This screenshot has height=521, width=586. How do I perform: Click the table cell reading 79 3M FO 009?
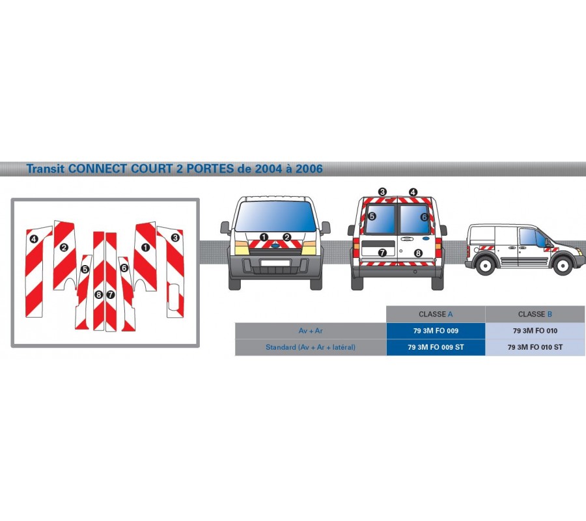436,331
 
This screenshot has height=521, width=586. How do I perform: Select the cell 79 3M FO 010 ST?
535,347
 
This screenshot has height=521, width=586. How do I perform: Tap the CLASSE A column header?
436,315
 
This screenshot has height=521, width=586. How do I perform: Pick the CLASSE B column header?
535,315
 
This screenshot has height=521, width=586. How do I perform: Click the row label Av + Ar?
311,331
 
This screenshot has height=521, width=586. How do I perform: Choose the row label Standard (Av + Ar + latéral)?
311,347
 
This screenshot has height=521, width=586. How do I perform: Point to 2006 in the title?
309,169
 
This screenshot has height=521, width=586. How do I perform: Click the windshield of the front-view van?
275,216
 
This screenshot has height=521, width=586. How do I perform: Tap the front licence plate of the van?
275,263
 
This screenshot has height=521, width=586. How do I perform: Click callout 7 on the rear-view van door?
382,253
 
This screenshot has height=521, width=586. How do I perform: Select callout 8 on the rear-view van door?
418,253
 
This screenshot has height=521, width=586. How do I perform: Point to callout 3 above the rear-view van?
382,192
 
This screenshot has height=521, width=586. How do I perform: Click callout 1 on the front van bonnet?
264,237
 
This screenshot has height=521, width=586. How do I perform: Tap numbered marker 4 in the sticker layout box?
34,239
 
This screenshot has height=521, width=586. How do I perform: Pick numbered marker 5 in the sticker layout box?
85,269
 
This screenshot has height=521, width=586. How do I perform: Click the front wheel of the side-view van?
563,265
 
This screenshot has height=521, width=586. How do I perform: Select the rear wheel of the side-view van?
485,265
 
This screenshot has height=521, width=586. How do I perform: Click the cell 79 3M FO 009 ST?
436,347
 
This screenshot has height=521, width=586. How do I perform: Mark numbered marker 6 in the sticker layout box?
124,268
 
